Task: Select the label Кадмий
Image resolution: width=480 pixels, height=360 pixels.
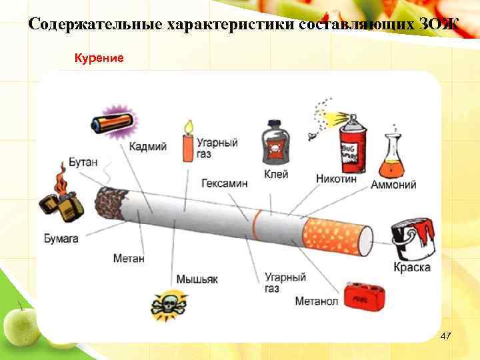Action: (147, 147)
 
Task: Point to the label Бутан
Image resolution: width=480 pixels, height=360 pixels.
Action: (83, 163)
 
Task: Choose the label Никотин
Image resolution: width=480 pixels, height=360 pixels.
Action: (336, 179)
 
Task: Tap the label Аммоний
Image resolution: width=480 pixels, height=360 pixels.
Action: (393, 185)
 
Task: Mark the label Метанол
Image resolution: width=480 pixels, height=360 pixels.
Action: (317, 301)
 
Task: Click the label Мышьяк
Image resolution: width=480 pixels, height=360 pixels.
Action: (197, 279)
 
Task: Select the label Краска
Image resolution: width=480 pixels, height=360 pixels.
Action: (411, 267)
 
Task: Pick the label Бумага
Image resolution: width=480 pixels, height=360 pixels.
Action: (61, 237)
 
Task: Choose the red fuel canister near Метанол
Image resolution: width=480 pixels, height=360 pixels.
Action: (363, 297)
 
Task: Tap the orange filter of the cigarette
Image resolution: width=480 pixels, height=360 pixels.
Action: (337, 235)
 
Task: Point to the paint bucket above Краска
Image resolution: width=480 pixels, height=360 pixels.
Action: (413, 237)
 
